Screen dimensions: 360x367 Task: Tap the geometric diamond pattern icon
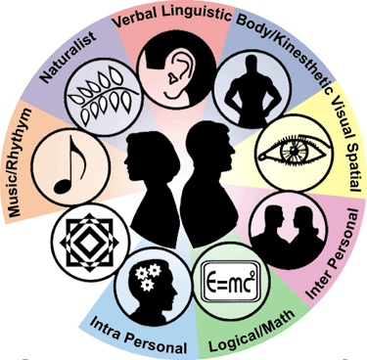(x=84, y=235)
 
